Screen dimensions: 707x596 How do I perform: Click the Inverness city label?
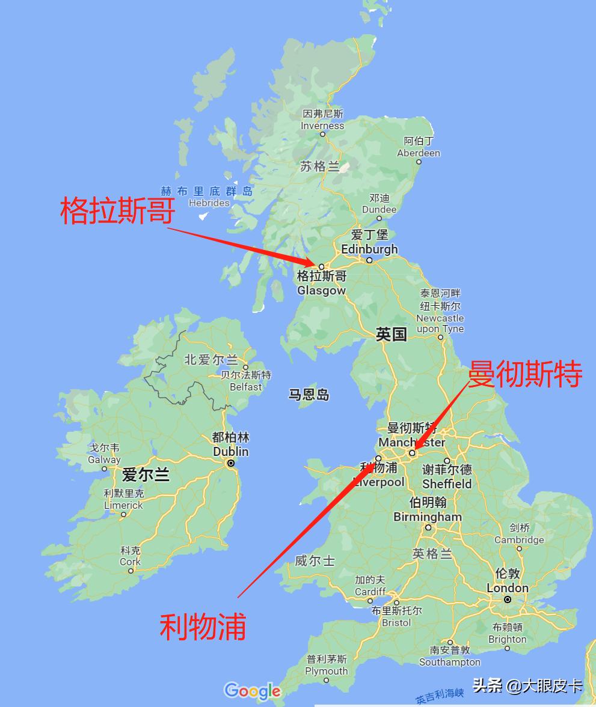click(x=322, y=120)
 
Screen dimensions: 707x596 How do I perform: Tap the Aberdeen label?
click(x=419, y=148)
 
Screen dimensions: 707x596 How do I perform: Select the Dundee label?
click(x=379, y=204)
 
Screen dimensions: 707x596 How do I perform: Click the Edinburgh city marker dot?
click(x=369, y=260)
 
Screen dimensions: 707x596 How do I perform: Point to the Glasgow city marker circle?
click(x=321, y=266)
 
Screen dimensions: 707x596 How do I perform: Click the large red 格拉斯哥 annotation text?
click(x=118, y=211)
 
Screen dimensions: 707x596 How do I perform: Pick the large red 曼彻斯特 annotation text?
click(x=525, y=375)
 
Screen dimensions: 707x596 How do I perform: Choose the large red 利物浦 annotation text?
click(x=203, y=627)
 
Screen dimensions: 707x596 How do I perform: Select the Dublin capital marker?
click(x=230, y=463)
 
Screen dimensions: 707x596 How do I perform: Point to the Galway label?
click(x=104, y=454)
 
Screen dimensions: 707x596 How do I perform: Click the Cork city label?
click(x=130, y=557)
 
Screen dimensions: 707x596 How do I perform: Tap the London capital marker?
click(x=508, y=599)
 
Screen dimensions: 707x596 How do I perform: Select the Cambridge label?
click(x=519, y=534)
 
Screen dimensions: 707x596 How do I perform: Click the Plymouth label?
click(x=326, y=665)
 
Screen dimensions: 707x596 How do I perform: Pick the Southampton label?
click(x=450, y=656)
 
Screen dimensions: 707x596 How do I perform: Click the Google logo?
click(x=253, y=691)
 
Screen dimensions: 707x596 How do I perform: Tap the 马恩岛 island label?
click(x=309, y=395)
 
